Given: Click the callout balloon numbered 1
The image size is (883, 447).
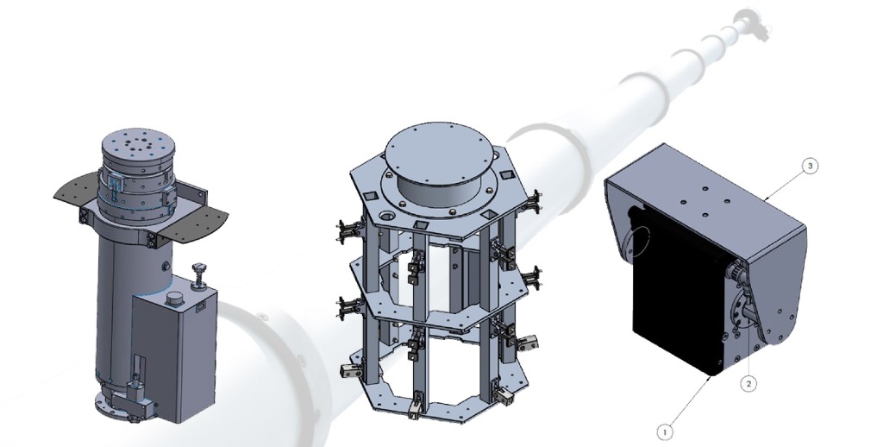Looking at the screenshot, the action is point(665,432).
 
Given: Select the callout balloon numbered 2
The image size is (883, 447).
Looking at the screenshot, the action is point(748,384).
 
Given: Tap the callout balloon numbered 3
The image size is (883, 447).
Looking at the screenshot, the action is point(810,167).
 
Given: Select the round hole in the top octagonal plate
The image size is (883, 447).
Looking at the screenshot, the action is point(388,216).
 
